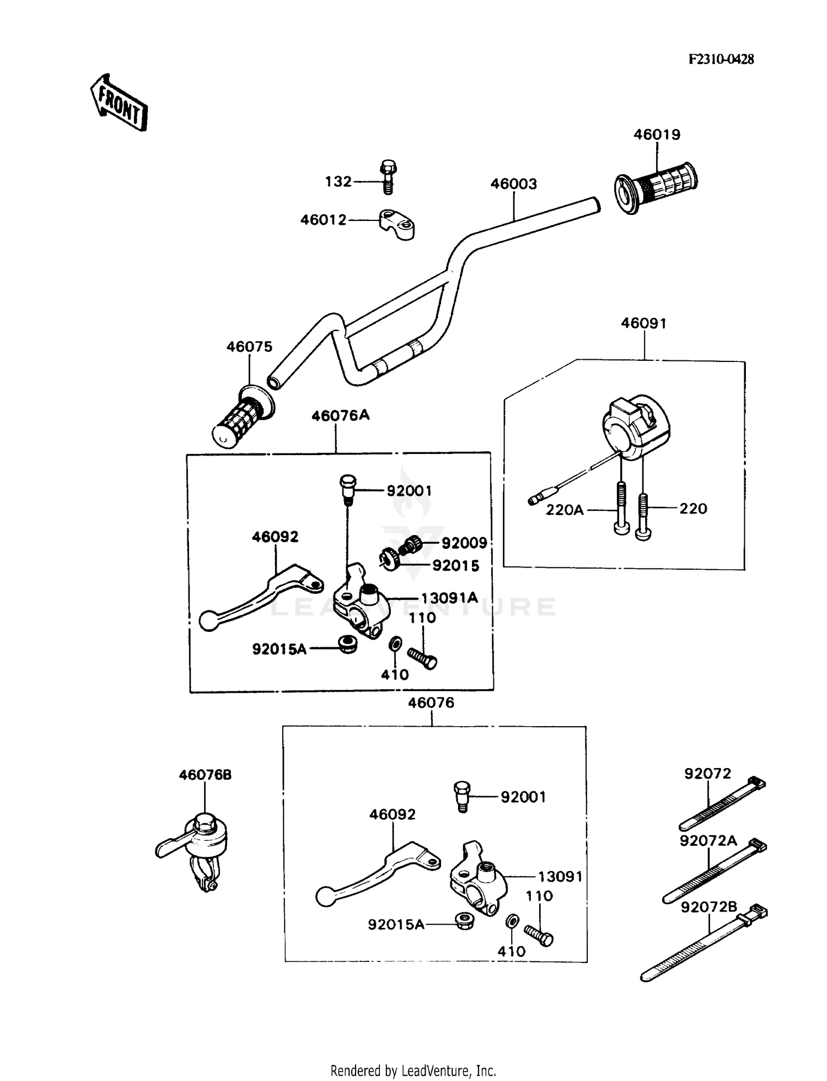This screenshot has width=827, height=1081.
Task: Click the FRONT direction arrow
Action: coord(119,104)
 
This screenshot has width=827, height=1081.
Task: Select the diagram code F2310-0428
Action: coord(721,60)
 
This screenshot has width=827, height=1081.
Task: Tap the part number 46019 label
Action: coord(657,134)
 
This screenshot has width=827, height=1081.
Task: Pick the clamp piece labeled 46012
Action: coord(396,223)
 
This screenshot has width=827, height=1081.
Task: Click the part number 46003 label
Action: coord(513,183)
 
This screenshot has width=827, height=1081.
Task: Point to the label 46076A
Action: coord(340,415)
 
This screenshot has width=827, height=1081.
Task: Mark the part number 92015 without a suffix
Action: coord(455,566)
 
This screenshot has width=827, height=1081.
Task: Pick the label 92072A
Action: coord(708,841)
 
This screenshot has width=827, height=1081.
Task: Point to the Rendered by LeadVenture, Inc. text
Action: coord(413,1071)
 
